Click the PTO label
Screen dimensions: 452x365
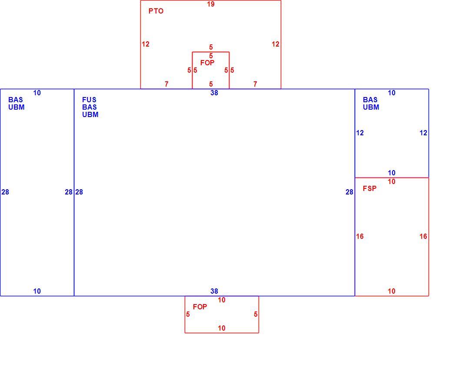[156, 11]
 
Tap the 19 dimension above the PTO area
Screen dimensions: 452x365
[211, 4]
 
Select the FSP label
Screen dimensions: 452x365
[369, 188]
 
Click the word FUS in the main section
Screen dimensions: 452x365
[89, 100]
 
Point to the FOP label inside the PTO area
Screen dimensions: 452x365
[207, 63]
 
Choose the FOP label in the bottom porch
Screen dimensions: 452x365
[200, 307]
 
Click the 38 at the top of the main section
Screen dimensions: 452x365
[214, 93]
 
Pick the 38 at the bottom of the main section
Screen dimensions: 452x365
[214, 291]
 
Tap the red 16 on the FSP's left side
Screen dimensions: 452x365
[360, 236]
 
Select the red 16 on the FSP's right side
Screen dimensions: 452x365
[423, 236]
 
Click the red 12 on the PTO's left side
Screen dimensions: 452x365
[146, 44]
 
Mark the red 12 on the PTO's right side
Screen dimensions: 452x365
[276, 44]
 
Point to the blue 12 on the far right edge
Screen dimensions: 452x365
[423, 133]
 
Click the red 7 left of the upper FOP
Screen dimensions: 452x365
[166, 84]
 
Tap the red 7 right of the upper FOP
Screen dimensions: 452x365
[255, 84]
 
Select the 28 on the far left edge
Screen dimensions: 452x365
[5, 192]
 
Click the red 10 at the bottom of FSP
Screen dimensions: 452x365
[392, 291]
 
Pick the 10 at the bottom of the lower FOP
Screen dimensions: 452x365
[221, 328]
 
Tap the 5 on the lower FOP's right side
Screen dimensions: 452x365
[256, 314]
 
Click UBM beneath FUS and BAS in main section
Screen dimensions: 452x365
[90, 114]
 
